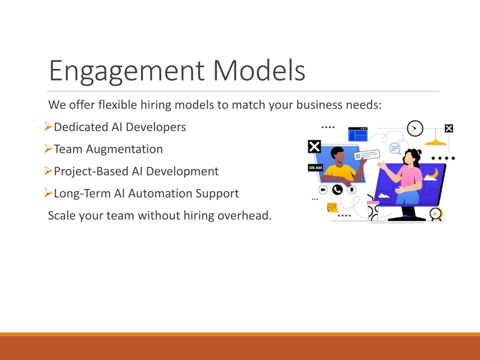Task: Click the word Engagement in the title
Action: click(x=127, y=71)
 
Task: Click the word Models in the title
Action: click(x=259, y=70)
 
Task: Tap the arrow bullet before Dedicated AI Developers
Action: click(x=48, y=126)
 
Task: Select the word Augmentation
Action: click(x=124, y=150)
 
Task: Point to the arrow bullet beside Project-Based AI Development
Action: click(x=48, y=171)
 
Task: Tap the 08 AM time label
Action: click(x=315, y=168)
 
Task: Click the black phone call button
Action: click(x=337, y=190)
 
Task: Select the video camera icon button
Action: click(x=323, y=190)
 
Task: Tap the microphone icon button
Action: click(x=352, y=190)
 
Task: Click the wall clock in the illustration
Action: click(x=415, y=128)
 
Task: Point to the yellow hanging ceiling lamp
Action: click(x=435, y=142)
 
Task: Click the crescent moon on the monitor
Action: click(x=433, y=173)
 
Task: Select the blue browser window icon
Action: click(x=358, y=134)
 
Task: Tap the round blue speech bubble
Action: click(x=395, y=149)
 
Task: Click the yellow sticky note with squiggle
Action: click(x=332, y=208)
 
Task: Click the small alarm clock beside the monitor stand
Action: click(x=435, y=214)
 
